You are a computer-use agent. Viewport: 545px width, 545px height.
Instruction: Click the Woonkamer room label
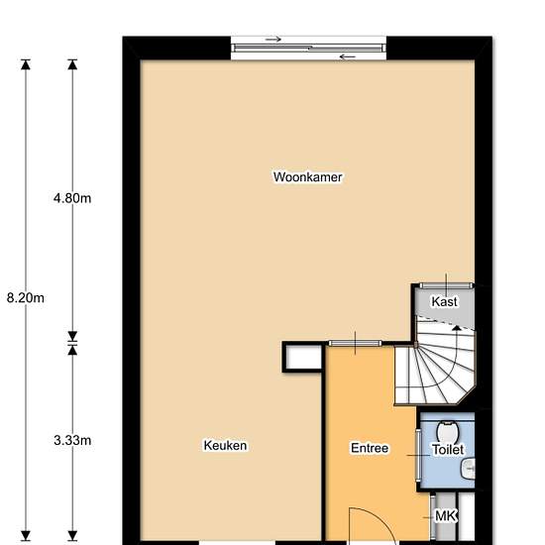[x=307, y=177]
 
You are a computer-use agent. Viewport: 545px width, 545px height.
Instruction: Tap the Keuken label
[x=225, y=445]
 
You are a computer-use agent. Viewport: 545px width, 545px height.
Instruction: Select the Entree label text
[x=370, y=448]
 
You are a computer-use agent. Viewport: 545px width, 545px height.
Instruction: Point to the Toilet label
[x=448, y=450]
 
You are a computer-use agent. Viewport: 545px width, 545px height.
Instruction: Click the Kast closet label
[x=444, y=301]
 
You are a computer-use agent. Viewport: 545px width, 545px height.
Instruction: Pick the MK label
[x=445, y=516]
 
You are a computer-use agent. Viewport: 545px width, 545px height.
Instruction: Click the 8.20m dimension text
[x=26, y=298]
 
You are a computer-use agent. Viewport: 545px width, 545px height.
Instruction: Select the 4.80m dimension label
[x=72, y=198]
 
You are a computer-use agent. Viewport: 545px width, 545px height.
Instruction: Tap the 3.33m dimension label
[x=72, y=440]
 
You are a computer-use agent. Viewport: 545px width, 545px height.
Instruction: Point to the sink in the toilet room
[x=469, y=469]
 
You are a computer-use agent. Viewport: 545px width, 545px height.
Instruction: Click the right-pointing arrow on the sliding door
[x=273, y=40]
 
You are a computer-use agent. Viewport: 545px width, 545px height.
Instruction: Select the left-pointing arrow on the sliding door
[x=348, y=56]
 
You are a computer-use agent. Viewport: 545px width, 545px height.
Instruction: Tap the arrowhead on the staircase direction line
[x=457, y=328]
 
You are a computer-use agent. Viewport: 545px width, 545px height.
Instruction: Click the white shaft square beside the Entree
[x=303, y=357]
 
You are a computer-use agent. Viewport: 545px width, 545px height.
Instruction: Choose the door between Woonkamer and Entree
[x=355, y=344]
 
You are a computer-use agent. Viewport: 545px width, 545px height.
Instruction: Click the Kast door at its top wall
[x=446, y=285]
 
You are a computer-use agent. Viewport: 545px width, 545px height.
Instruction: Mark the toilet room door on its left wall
[x=418, y=456]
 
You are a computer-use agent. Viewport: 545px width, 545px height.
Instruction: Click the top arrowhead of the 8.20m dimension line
[x=26, y=64]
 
